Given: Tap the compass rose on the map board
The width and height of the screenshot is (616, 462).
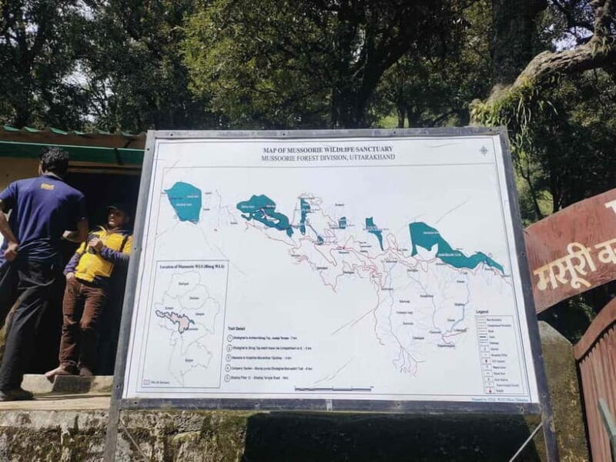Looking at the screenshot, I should coord(484,150).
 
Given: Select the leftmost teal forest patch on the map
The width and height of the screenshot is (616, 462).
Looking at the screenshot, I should coord(185,202).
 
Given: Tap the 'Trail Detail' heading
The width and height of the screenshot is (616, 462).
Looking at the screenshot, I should coord(236,326).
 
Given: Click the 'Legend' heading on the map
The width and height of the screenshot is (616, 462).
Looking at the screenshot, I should coord(482,311).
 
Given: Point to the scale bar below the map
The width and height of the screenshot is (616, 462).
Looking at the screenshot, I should coord(331,388).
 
